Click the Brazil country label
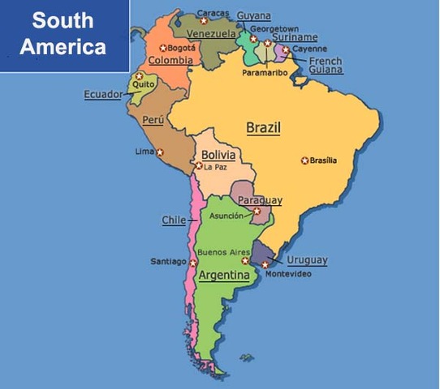(263, 128)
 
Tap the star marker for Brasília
(304, 160)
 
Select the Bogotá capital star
(163, 48)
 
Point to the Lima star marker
(160, 152)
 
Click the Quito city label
(143, 83)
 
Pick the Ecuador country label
(103, 95)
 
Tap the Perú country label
(153, 120)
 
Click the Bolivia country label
(218, 155)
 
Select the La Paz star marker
(198, 166)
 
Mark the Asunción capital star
(257, 212)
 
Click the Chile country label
(174, 220)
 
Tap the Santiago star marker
(193, 262)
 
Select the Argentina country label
(224, 276)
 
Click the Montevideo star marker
(265, 264)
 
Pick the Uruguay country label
(308, 260)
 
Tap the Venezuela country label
(211, 34)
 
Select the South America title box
(64, 36)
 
